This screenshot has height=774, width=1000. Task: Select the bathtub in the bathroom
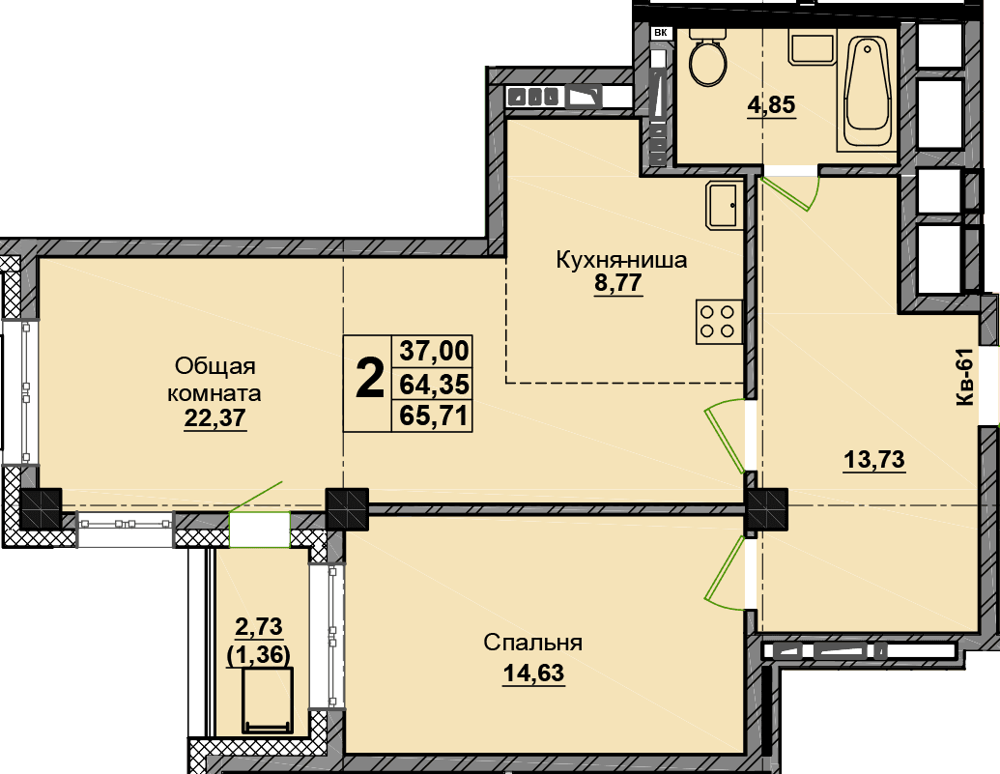(x=867, y=93)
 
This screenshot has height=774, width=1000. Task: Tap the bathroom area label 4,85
(x=772, y=104)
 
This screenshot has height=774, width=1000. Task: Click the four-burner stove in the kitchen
(x=719, y=322)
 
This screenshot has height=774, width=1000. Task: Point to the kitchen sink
(x=724, y=206)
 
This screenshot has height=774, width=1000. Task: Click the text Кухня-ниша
(x=622, y=260)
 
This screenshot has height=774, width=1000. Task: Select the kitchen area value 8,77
(x=617, y=283)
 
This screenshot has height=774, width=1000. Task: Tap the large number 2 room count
(x=369, y=378)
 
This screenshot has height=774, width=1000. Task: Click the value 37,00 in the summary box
(x=434, y=351)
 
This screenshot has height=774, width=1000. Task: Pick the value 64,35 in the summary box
(x=434, y=385)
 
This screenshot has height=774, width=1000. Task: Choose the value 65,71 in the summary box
(x=434, y=416)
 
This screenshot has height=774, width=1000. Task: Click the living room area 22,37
(x=214, y=418)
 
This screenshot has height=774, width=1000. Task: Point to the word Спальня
(x=532, y=643)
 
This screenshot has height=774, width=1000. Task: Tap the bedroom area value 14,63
(x=533, y=673)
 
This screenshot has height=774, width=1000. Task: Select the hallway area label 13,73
(x=874, y=459)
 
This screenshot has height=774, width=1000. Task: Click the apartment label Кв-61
(x=965, y=377)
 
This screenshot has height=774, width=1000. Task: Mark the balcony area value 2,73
(x=259, y=627)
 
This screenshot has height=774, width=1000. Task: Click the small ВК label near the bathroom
(x=660, y=31)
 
